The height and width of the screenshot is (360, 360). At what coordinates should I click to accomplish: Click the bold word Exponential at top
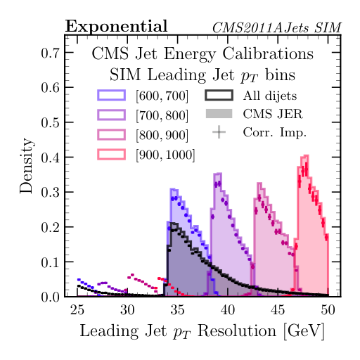pos(116,27)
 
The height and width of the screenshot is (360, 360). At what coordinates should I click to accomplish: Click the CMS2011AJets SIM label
pos(277,28)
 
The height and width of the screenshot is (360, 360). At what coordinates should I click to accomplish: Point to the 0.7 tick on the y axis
pos(49,52)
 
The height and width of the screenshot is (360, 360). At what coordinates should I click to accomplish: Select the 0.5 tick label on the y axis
pos(49,122)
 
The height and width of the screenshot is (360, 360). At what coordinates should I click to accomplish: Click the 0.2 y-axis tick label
pos(49,227)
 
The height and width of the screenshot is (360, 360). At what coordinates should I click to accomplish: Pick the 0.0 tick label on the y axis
pos(49,297)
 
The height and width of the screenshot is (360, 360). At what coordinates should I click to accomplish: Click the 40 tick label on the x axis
pos(227,309)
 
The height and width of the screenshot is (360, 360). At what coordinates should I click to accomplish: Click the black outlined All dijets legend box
pos(219,95)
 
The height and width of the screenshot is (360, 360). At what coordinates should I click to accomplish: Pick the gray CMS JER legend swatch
pos(219,113)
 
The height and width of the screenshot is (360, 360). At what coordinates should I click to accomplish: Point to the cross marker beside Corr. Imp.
pos(219,131)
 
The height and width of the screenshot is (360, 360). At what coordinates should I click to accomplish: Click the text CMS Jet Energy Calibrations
pos(202,53)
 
